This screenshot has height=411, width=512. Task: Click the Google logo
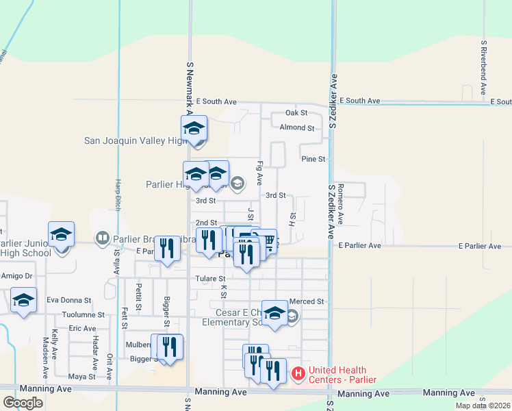23,403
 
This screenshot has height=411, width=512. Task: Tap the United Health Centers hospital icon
298,374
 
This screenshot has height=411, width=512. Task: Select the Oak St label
296,113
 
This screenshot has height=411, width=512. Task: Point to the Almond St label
296,127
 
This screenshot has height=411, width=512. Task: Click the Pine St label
312,159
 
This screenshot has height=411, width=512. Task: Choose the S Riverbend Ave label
483,66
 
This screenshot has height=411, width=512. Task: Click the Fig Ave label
259,173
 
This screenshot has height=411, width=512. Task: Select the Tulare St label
210,279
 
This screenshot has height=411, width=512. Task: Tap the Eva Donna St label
68,301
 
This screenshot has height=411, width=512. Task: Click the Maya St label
81,377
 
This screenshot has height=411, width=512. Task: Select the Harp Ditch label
118,192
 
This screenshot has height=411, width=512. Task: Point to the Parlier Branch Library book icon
102,238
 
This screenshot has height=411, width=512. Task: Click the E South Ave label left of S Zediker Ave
216,101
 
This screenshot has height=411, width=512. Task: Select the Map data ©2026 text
483,406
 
